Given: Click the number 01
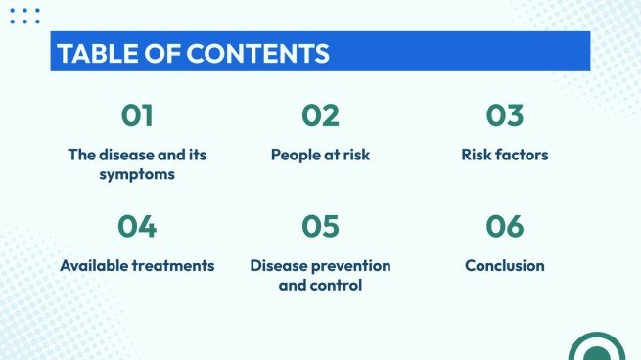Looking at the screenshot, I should [x=137, y=115].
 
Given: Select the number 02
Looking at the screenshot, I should [x=320, y=115].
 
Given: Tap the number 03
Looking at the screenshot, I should [x=505, y=115].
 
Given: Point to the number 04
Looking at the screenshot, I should [x=137, y=227].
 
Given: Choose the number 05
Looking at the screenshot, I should [x=320, y=227].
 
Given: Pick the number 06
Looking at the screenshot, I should [x=505, y=227].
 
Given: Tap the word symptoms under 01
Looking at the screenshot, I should [x=137, y=174].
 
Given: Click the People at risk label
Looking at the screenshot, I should [x=320, y=155].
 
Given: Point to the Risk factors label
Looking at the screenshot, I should [x=505, y=155].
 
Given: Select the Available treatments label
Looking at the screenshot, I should [x=137, y=266].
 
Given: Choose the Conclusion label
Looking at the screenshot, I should [x=505, y=266].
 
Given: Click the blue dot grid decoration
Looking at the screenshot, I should [x=24, y=16].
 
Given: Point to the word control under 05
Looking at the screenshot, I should [x=337, y=286].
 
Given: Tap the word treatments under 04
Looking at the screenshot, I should [x=175, y=266].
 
